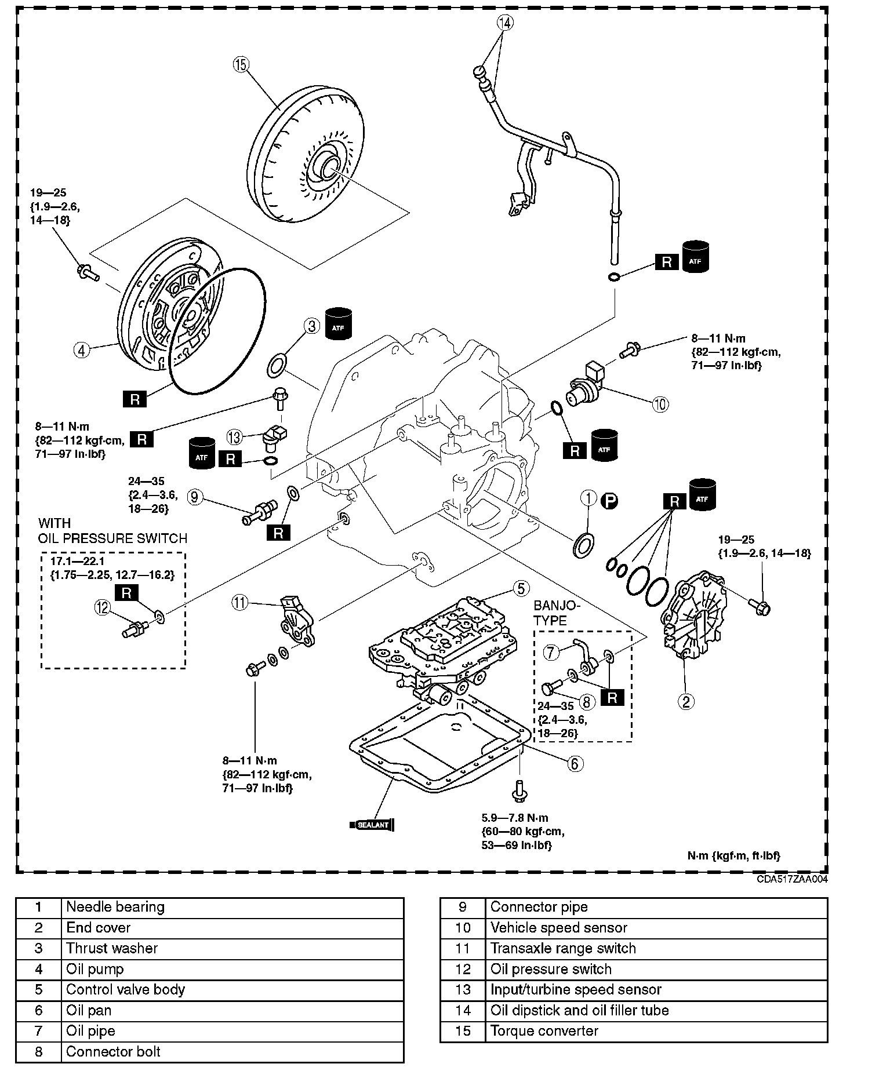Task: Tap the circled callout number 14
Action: tap(505, 23)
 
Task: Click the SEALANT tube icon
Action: tap(372, 825)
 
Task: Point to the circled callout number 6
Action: tap(574, 763)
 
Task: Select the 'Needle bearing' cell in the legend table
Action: tap(115, 907)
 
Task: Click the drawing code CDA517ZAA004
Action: tap(792, 879)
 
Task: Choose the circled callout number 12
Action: tap(103, 607)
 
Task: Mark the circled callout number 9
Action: tap(195, 497)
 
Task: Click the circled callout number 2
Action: tap(686, 702)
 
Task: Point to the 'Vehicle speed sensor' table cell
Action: tap(558, 927)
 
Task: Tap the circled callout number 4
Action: tap(82, 350)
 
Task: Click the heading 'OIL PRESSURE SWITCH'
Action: tap(113, 538)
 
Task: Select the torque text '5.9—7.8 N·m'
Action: tap(514, 818)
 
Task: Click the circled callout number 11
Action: tap(239, 603)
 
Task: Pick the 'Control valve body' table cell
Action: tap(125, 989)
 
